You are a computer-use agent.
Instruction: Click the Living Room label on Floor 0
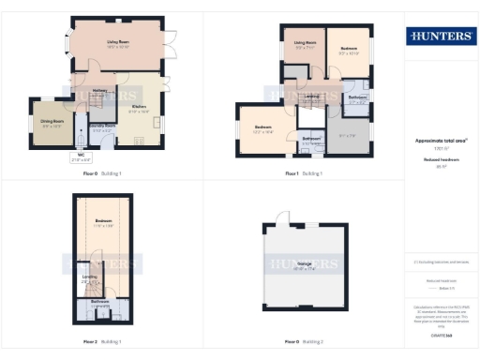[x=117, y=42]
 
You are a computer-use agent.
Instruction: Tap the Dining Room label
[x=51, y=121]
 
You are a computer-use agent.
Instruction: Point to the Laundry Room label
[x=102, y=125]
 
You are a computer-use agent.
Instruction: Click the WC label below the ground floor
[x=82, y=155]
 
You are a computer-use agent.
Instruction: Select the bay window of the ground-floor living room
[x=66, y=44]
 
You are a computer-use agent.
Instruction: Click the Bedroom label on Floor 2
[x=103, y=221]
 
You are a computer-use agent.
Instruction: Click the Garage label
[x=304, y=264]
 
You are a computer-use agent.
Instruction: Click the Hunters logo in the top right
[x=440, y=37]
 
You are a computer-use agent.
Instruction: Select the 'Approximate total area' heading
[x=440, y=141]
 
